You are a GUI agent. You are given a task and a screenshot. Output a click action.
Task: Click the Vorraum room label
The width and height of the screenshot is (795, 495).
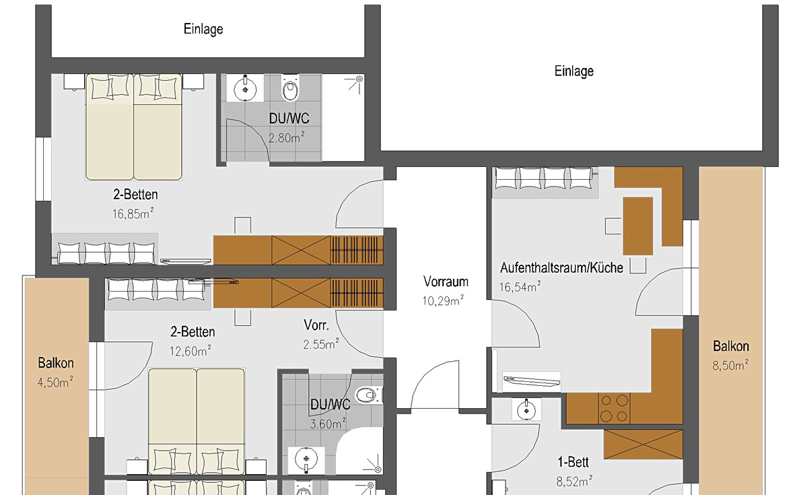[446, 282]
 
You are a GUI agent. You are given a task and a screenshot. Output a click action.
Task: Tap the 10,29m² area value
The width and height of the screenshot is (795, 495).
[443, 301]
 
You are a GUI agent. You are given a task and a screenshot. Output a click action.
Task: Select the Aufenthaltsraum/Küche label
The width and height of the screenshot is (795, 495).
[562, 268]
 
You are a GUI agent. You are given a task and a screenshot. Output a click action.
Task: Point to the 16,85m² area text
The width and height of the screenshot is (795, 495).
[133, 213]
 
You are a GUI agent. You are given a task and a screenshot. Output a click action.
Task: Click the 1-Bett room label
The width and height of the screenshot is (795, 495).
[573, 462]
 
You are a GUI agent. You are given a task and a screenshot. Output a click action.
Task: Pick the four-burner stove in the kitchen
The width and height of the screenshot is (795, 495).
[614, 408]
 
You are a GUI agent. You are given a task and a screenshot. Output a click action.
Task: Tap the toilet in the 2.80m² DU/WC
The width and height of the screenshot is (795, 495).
[291, 88]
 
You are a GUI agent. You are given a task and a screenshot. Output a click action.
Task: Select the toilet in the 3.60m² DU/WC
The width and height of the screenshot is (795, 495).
[369, 395]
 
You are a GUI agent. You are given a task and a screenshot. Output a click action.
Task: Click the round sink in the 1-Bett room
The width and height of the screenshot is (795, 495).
[526, 409]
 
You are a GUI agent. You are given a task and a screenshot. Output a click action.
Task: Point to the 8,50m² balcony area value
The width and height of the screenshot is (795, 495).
[730, 365]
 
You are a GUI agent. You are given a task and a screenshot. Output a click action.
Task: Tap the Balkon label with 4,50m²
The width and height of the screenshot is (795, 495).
[56, 363]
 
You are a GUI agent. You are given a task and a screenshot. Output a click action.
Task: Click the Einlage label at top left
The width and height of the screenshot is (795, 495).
[203, 29]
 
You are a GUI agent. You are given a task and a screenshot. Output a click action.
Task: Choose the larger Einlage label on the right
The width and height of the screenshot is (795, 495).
[574, 71]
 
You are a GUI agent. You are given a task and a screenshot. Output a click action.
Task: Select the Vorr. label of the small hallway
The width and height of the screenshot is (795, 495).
[316, 325]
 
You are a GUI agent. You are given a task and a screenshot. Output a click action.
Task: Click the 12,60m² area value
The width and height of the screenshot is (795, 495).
[190, 350]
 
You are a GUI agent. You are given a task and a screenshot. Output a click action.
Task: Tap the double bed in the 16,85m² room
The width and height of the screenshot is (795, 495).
[134, 127]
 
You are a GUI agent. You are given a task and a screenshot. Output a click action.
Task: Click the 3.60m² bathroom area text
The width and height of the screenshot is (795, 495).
[328, 424]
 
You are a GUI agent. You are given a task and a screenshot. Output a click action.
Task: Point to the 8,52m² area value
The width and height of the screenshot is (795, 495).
[574, 481]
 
